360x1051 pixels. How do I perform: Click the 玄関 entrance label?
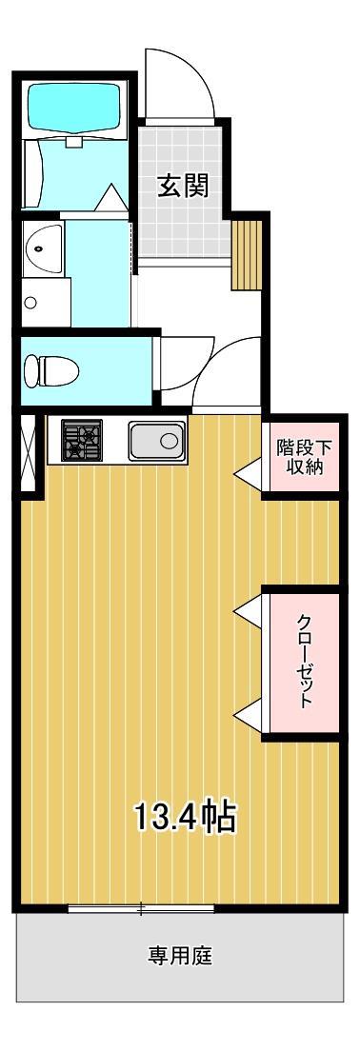point(183,185)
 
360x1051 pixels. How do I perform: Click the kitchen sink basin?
point(156,441)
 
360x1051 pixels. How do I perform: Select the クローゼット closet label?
point(304,661)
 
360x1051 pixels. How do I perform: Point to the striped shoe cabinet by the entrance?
point(247,253)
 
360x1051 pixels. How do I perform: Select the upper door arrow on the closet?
point(247,608)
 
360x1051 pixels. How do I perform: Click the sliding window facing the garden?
point(141,908)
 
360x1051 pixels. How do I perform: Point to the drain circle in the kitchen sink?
point(170,441)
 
